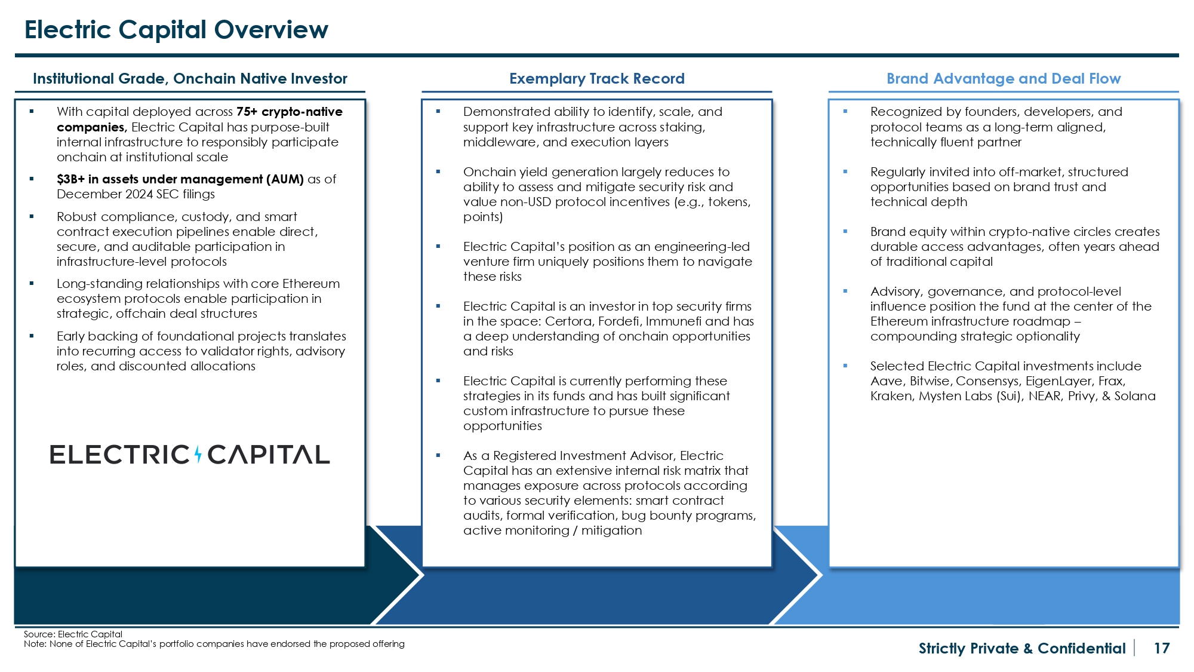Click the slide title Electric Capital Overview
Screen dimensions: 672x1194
pyautogui.click(x=176, y=30)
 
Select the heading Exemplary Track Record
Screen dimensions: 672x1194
pyautogui.click(x=596, y=79)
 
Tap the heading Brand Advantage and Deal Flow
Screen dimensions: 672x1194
pyautogui.click(x=1003, y=79)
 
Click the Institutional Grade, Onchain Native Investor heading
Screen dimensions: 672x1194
pyautogui.click(x=190, y=79)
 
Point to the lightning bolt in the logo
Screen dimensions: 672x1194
pyautogui.click(x=198, y=455)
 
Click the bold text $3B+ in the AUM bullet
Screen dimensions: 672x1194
pyautogui.click(x=70, y=179)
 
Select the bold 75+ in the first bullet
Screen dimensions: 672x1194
pyautogui.click(x=247, y=112)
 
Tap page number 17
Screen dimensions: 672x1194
pyautogui.click(x=1161, y=648)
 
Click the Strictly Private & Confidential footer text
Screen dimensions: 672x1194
pyautogui.click(x=1021, y=648)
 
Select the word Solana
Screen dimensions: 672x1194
pyautogui.click(x=1135, y=396)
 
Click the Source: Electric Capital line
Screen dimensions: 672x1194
pyautogui.click(x=73, y=634)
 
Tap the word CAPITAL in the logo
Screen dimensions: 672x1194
pyautogui.click(x=268, y=455)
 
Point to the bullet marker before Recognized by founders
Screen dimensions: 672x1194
pyautogui.click(x=845, y=111)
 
